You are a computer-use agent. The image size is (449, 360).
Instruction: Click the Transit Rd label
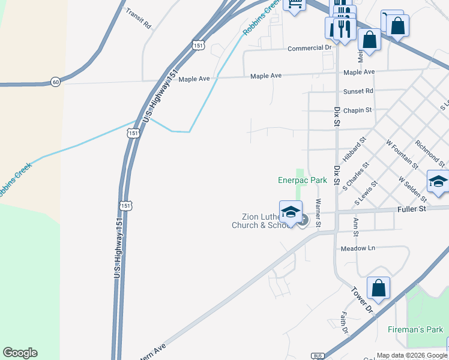tap(139, 19)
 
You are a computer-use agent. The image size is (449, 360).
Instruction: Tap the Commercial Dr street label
tap(310, 48)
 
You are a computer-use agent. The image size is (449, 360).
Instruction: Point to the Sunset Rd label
tap(358, 91)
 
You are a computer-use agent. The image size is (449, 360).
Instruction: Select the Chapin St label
tap(358, 110)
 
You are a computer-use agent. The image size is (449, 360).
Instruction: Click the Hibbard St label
tap(355, 148)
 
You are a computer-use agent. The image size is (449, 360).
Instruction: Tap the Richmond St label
tap(430, 154)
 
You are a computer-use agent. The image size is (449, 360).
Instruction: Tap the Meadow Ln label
tap(357, 248)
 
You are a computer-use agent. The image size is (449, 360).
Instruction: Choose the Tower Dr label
tap(363, 299)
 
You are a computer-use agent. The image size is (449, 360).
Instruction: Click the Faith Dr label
tap(345, 323)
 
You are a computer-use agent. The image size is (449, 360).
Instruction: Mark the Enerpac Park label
tap(302, 179)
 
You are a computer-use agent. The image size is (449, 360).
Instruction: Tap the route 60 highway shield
tap(55, 82)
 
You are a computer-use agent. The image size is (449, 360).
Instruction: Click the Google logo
tap(20, 353)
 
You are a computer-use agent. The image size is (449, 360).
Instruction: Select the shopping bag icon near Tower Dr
tap(378, 289)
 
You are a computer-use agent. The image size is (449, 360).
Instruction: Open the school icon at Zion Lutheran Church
tap(291, 212)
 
